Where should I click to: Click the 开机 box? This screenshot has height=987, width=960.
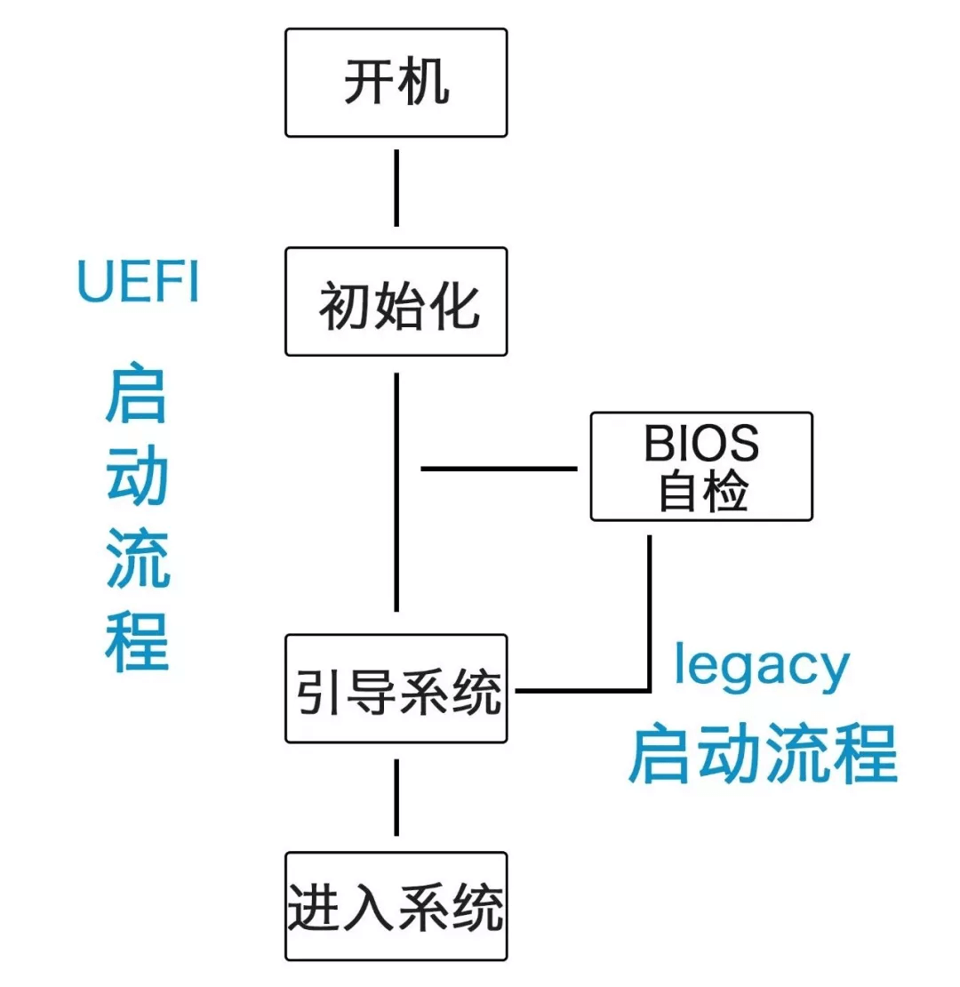(396, 83)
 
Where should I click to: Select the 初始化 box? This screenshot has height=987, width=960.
(396, 302)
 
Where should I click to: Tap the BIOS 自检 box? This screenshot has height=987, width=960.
(701, 466)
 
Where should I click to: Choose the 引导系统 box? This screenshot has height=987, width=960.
(396, 689)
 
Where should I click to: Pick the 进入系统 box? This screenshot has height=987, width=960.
(396, 906)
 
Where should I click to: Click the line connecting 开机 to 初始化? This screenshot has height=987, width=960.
(396, 188)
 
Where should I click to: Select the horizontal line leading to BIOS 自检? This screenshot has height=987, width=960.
(498, 468)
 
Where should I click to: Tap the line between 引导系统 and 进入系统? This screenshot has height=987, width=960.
(396, 797)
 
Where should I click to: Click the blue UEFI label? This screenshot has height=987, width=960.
(138, 283)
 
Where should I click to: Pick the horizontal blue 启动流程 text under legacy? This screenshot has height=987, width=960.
(763, 755)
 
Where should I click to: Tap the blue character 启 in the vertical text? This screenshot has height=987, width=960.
(137, 394)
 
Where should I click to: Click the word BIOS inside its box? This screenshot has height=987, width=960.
(701, 444)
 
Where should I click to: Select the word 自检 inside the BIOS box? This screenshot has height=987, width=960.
(701, 492)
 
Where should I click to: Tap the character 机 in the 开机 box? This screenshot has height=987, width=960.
(423, 84)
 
